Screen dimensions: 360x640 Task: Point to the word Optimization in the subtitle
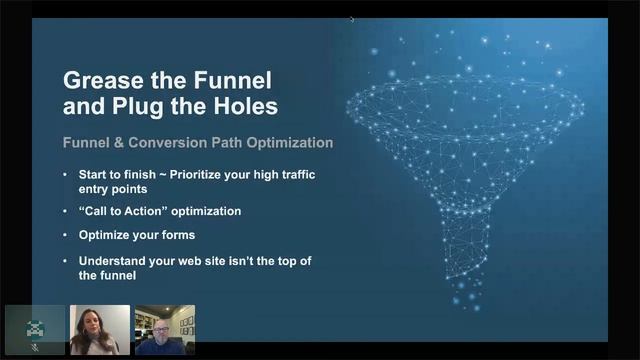click(x=289, y=143)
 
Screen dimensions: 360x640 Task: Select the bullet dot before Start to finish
click(x=67, y=175)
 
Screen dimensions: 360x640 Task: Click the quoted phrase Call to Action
click(x=118, y=211)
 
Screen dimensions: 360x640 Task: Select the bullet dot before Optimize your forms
click(x=67, y=236)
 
